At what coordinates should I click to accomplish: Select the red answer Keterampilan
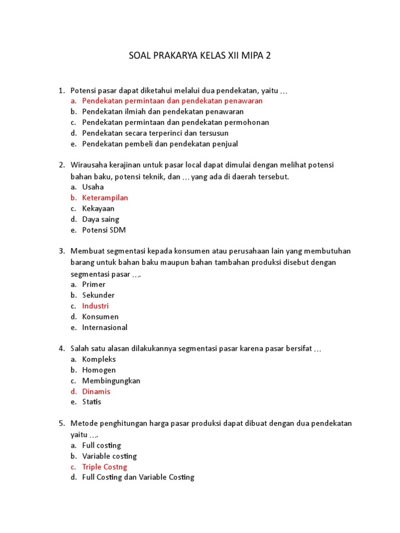(105, 198)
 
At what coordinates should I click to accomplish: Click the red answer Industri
(95, 306)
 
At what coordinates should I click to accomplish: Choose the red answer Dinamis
(96, 391)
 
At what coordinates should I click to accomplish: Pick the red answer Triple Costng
(104, 467)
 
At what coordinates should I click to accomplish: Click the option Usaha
(93, 187)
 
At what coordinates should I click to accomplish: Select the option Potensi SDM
(104, 230)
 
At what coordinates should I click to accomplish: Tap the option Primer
(94, 284)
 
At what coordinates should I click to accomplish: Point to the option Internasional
(105, 327)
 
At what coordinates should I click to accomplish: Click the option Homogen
(99, 370)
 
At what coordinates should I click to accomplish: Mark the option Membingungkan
(111, 380)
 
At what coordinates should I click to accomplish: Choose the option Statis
(92, 402)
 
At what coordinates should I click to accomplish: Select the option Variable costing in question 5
(109, 456)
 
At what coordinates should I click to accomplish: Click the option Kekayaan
(98, 209)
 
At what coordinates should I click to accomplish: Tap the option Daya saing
(101, 219)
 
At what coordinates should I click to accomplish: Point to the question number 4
(61, 348)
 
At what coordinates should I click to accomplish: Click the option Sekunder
(98, 295)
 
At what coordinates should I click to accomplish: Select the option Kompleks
(99, 359)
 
